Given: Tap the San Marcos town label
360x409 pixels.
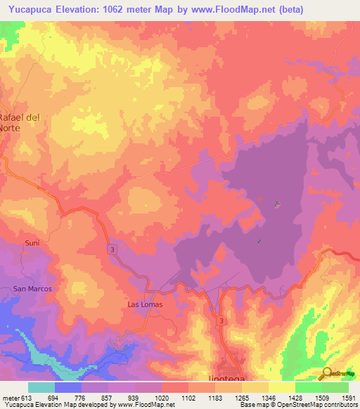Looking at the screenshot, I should (x=33, y=289).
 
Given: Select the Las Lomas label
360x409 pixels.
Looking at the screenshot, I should (x=145, y=304).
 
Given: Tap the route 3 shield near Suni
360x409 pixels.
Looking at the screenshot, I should (x=112, y=249).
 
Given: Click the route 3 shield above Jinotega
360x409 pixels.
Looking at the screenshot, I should (x=221, y=320).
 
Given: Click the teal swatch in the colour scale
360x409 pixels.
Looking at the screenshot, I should (x=41, y=387).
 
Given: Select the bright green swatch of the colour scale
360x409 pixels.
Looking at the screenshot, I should (x=308, y=387).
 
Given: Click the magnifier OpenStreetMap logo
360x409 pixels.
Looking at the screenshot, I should (x=328, y=375).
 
